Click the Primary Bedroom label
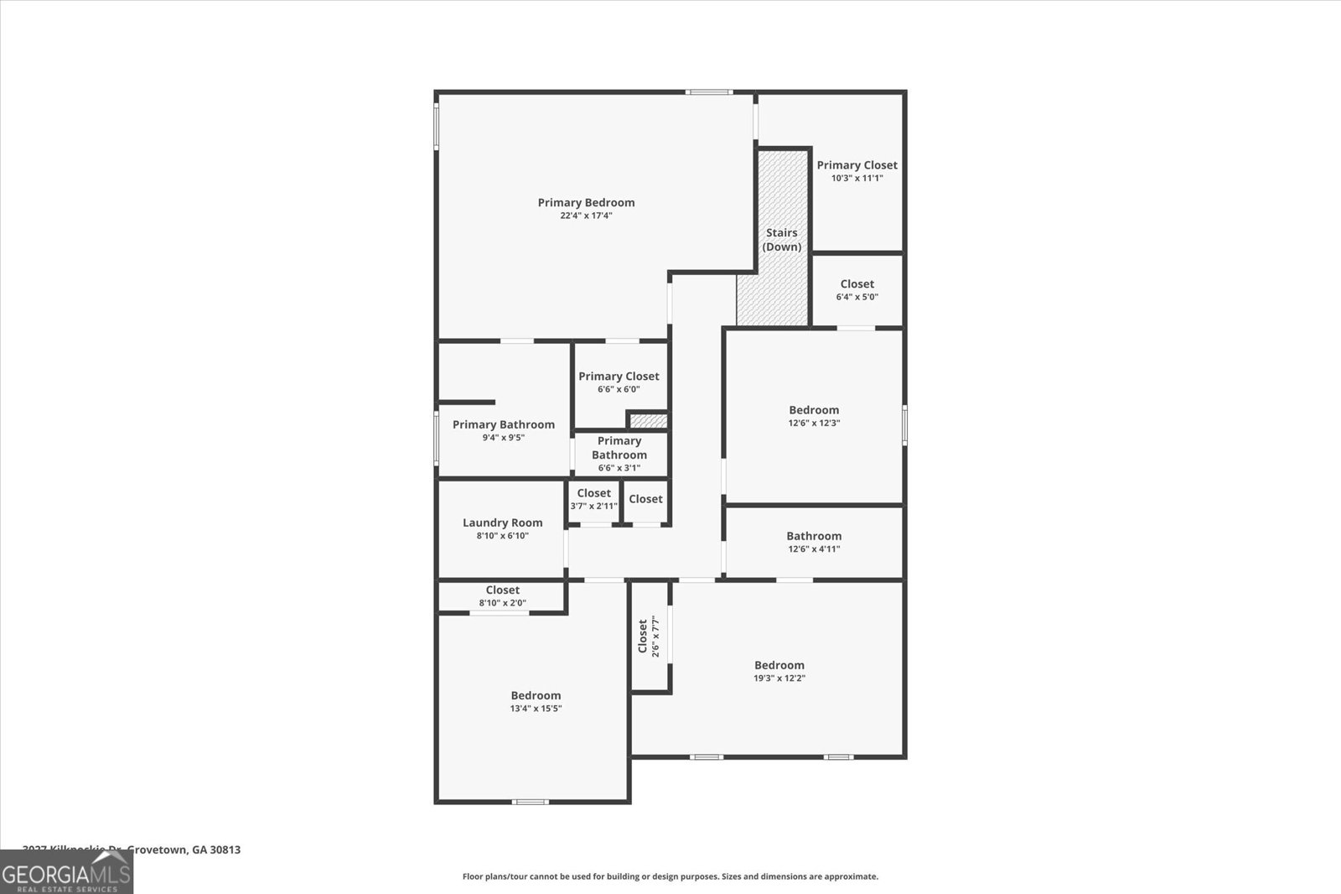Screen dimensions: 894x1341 pyautogui.click(x=586, y=202)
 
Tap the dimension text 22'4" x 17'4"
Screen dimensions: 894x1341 pyautogui.click(x=586, y=216)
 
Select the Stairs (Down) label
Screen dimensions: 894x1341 pyautogui.click(x=781, y=240)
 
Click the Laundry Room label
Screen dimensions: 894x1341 pyautogui.click(x=502, y=522)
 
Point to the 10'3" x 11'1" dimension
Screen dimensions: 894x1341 pyautogui.click(x=857, y=178)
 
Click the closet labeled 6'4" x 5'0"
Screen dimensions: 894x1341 pyautogui.click(x=857, y=289)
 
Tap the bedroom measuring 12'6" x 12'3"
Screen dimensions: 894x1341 pyautogui.click(x=813, y=416)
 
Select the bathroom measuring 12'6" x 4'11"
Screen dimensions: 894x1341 pyautogui.click(x=813, y=542)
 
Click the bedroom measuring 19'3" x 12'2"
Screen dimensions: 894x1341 pyautogui.click(x=779, y=671)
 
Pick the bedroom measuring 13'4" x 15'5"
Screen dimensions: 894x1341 pyautogui.click(x=536, y=701)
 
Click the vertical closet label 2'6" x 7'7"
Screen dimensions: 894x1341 pyautogui.click(x=649, y=637)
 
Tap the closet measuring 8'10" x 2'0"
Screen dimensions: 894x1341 pyautogui.click(x=502, y=595)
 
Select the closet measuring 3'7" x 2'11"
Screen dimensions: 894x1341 pyautogui.click(x=593, y=499)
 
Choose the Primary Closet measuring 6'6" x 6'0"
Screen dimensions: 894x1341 pyautogui.click(x=619, y=382)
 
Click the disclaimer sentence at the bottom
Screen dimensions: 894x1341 pyautogui.click(x=670, y=876)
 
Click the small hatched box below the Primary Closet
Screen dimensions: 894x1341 pyautogui.click(x=648, y=421)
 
